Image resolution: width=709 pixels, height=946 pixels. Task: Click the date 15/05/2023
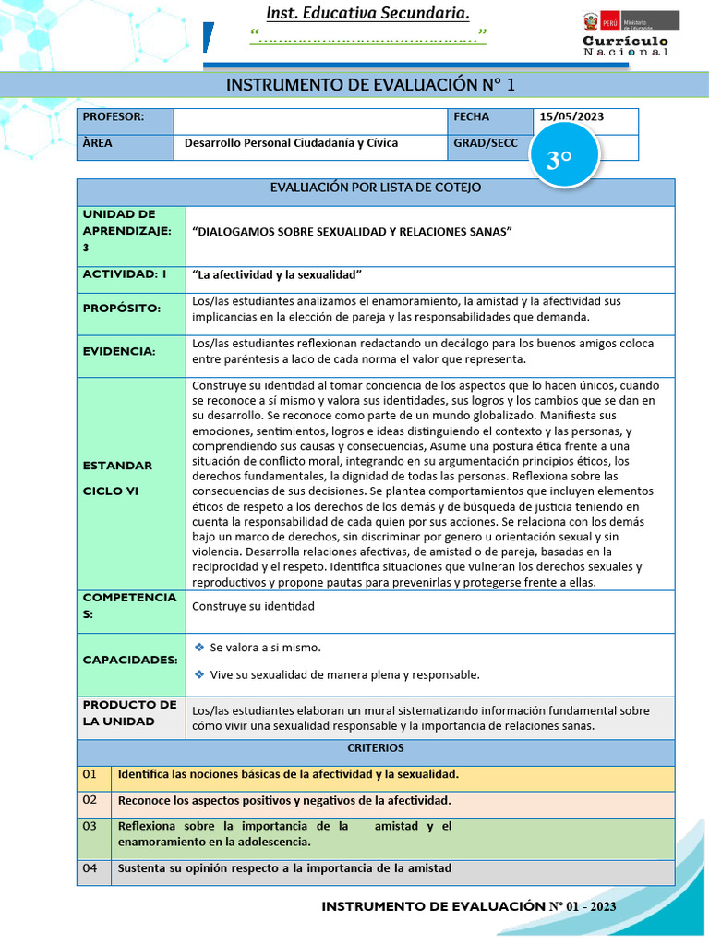coord(571,117)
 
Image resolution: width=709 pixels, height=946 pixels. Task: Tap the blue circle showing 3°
coord(559,161)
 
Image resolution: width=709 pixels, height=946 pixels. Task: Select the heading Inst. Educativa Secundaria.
coord(367,13)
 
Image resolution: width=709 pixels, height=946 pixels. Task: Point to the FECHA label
coord(472,117)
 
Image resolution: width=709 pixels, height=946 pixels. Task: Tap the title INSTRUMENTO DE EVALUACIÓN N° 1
coord(369,86)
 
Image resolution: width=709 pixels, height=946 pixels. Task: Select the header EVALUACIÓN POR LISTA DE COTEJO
coord(376,188)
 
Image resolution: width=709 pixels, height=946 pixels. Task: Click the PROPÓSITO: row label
coord(121,309)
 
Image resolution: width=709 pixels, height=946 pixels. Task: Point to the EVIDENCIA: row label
coord(119,351)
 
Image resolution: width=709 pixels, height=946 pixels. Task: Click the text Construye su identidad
coord(253,606)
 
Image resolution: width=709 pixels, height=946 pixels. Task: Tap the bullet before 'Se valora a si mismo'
coord(198,648)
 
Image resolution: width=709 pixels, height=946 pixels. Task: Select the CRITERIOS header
coord(376,747)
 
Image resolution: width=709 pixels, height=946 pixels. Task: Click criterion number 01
coord(90,773)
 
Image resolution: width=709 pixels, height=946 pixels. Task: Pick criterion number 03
coord(90,825)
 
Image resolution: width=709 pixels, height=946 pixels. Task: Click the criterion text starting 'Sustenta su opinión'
coord(284,867)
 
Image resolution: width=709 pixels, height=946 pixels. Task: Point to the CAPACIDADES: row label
coord(129,661)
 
